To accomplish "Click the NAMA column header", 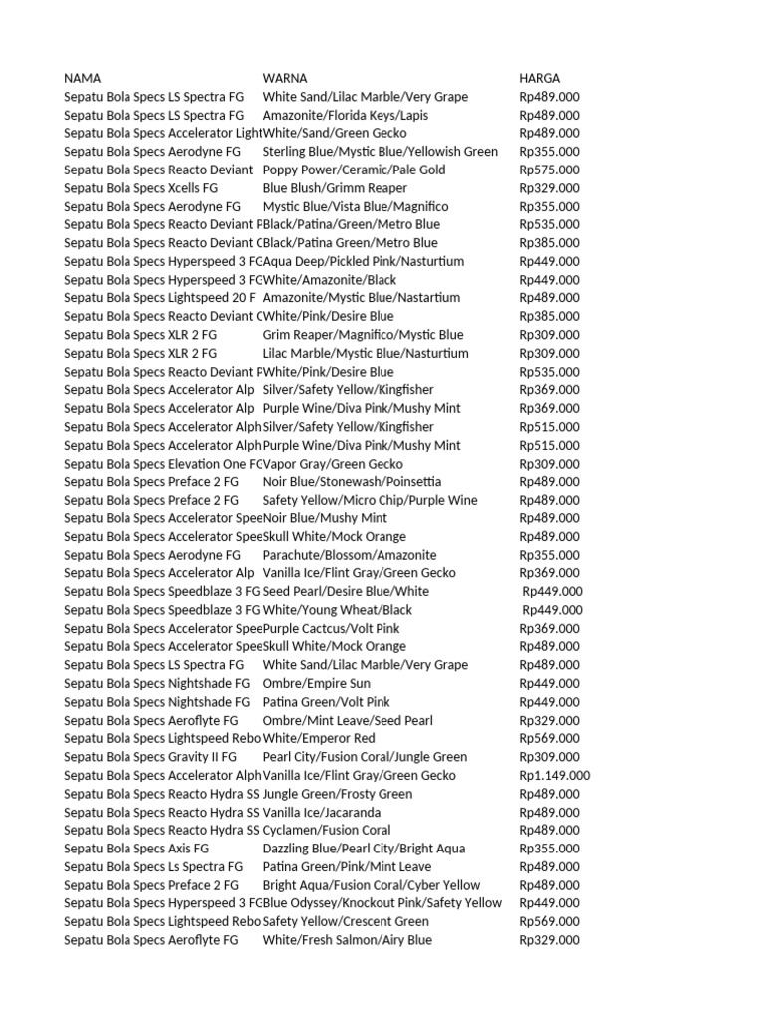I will click(82, 78).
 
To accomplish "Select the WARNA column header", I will click(285, 78).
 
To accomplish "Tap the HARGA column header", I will click(540, 78).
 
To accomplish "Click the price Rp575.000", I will click(549, 170).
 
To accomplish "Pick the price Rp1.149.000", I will click(555, 775).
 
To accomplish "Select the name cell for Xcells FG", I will click(140, 188).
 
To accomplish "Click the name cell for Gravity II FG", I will click(151, 757).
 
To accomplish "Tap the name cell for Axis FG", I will click(136, 849).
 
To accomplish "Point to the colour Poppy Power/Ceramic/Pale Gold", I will click(354, 170).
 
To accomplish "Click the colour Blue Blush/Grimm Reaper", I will click(335, 188).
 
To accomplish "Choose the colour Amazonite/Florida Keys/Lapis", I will click(346, 115).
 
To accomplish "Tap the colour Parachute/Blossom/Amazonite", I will click(350, 555).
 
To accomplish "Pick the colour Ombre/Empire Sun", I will click(316, 683).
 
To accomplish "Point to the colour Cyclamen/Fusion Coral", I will click(327, 830).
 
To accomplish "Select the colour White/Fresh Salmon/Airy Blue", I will click(348, 940).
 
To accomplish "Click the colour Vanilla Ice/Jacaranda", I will click(321, 812).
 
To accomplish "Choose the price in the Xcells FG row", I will click(549, 188).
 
